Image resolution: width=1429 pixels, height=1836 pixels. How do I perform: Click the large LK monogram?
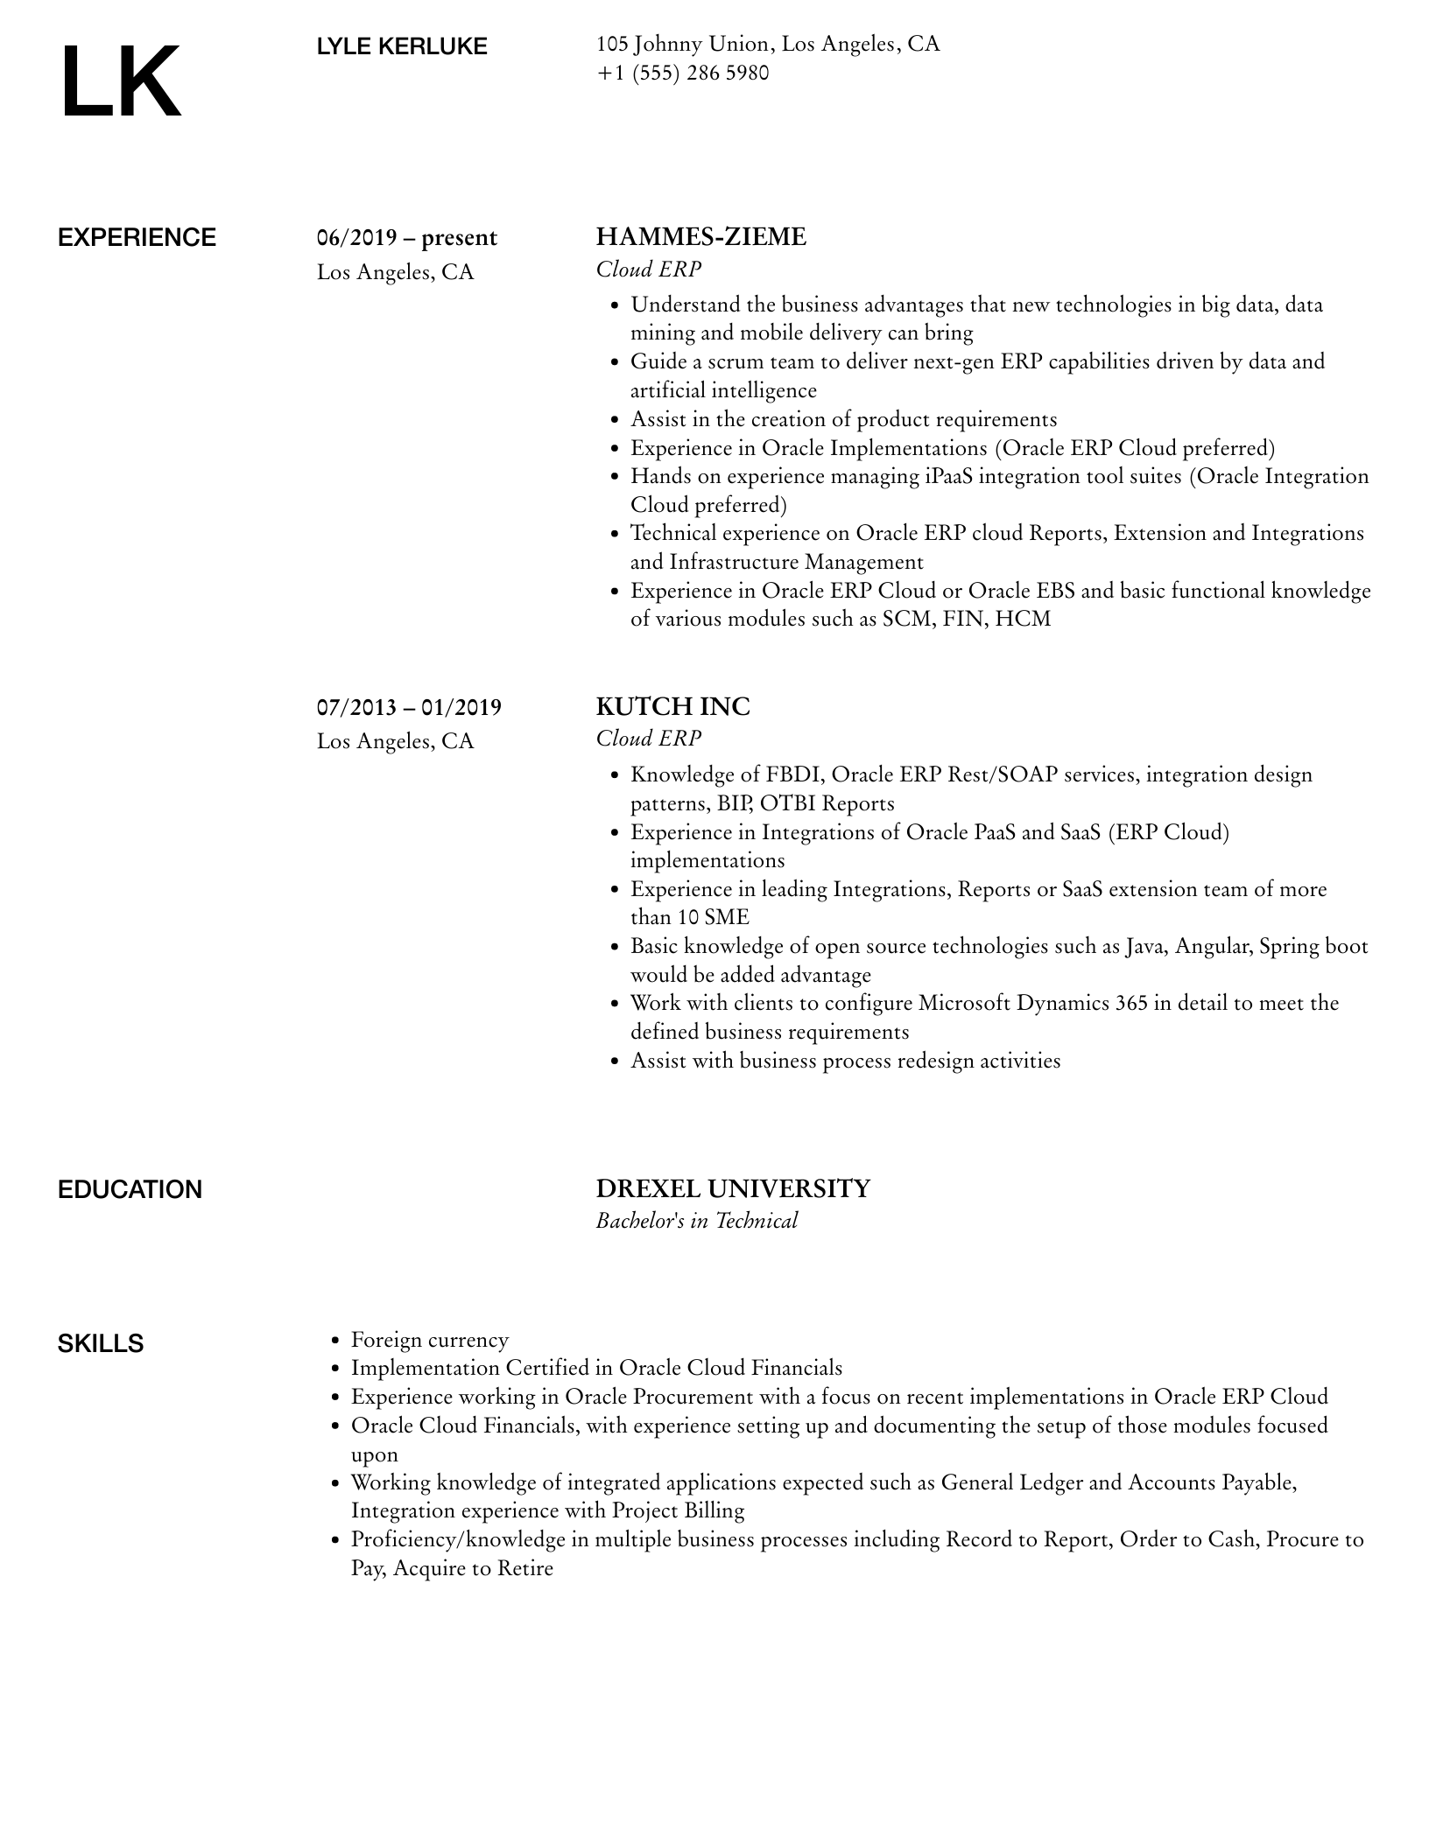120,81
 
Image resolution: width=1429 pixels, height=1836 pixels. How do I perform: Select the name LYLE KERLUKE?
402,46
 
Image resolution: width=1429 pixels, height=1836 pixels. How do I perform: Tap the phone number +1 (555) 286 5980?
682,74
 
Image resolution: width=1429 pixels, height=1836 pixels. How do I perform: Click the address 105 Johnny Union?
682,44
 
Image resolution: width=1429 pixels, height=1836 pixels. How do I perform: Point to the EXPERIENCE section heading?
137,238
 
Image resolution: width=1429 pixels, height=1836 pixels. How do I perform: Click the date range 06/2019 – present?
406,238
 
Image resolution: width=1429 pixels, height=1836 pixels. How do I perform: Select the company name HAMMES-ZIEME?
700,237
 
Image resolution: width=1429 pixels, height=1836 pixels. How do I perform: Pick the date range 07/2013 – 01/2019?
409,707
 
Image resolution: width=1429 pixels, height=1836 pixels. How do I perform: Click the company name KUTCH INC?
672,706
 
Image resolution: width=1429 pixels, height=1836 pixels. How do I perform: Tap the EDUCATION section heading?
130,1189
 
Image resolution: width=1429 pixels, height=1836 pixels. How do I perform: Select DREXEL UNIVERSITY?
733,1188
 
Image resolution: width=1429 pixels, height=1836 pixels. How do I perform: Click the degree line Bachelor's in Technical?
696,1221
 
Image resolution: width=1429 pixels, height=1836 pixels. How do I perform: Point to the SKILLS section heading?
101,1343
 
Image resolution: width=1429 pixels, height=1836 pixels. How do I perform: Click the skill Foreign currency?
429,1340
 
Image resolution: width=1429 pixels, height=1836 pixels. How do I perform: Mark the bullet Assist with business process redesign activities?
845,1061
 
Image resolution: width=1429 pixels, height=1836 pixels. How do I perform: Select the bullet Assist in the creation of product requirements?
843,419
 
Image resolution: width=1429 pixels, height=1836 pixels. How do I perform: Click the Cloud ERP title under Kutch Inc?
648,739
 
